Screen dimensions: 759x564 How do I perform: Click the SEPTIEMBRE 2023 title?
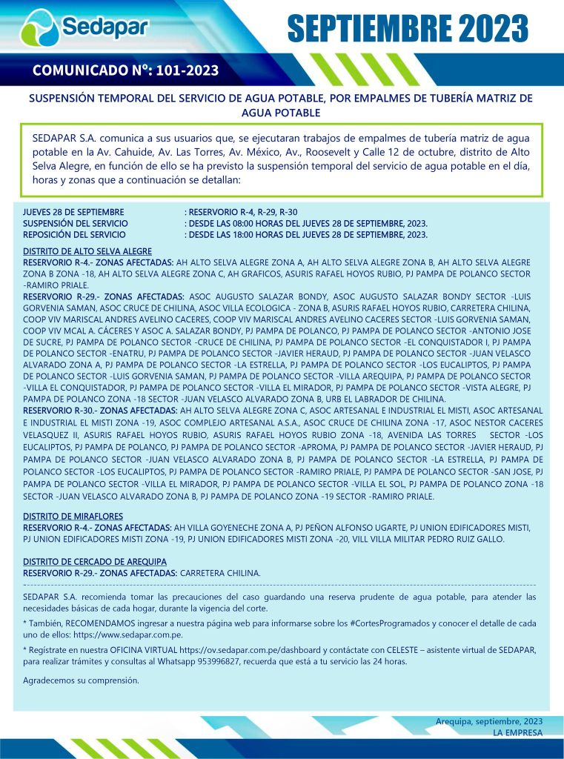(x=407, y=29)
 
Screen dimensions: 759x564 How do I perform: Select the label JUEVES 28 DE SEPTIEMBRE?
(x=73, y=212)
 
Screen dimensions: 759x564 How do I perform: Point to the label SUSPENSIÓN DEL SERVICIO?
(x=76, y=223)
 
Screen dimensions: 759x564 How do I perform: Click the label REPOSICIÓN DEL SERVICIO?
(x=74, y=234)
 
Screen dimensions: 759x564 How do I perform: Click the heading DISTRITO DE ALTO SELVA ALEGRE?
(x=87, y=251)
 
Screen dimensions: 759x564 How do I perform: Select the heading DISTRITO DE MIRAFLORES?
(x=73, y=516)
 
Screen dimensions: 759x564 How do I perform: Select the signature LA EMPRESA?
(x=517, y=732)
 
